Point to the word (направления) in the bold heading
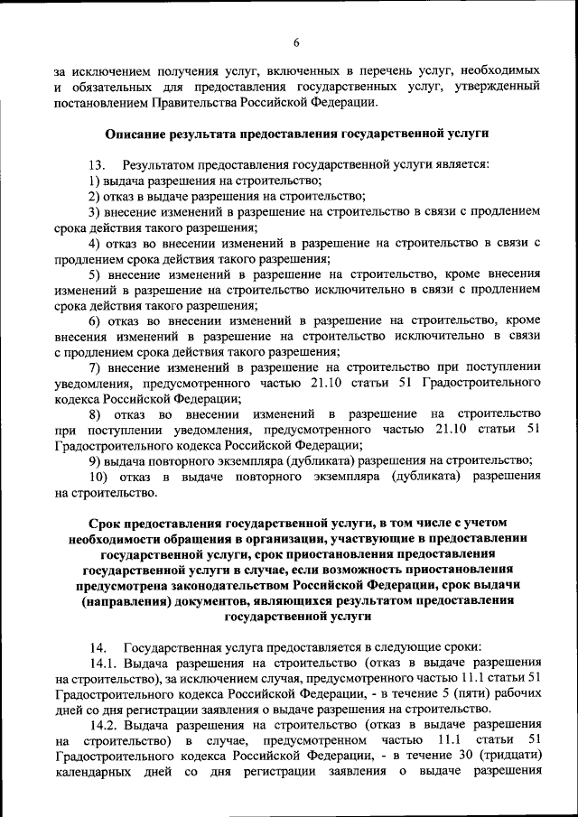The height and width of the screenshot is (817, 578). [x=126, y=600]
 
